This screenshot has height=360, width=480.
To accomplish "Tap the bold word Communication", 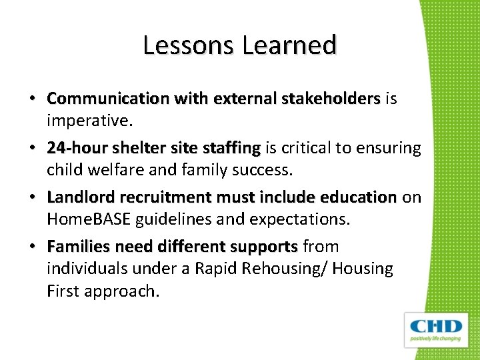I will pos(108,99).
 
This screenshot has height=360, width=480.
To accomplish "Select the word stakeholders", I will pos(330,99).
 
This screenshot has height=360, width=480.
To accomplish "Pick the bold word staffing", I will pos(234,147).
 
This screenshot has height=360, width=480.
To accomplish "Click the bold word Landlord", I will pos(79,197).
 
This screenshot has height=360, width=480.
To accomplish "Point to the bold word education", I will pos(358,197).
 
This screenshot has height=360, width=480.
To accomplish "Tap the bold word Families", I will pos(78,247).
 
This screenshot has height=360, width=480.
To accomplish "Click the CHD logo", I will pos(436,329).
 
